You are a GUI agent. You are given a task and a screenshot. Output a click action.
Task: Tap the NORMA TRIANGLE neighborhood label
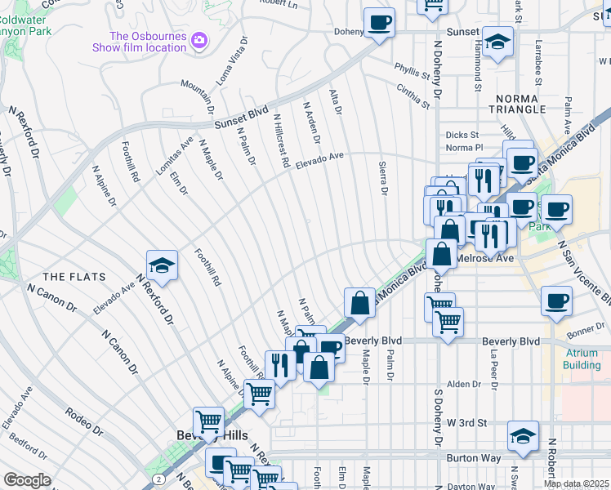(519, 104)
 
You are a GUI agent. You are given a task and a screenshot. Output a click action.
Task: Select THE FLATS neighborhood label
(70, 277)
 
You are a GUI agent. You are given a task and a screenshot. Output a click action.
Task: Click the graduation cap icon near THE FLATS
(163, 265)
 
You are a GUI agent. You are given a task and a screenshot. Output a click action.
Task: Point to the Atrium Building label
(582, 359)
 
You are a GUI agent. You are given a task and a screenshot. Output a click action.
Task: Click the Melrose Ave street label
(484, 258)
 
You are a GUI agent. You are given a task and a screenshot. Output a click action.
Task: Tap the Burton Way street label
(474, 458)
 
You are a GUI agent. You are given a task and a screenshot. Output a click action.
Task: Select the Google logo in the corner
(27, 480)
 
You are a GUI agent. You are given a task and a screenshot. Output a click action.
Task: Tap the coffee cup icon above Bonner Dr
(557, 301)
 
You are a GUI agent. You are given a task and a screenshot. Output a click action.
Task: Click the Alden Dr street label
(463, 384)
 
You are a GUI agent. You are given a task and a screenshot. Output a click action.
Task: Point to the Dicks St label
(461, 136)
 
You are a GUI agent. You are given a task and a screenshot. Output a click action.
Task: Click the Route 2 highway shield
(158, 477)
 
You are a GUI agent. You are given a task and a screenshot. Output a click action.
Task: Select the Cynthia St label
(413, 95)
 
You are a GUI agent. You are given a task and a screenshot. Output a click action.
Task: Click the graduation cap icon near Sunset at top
(497, 42)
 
